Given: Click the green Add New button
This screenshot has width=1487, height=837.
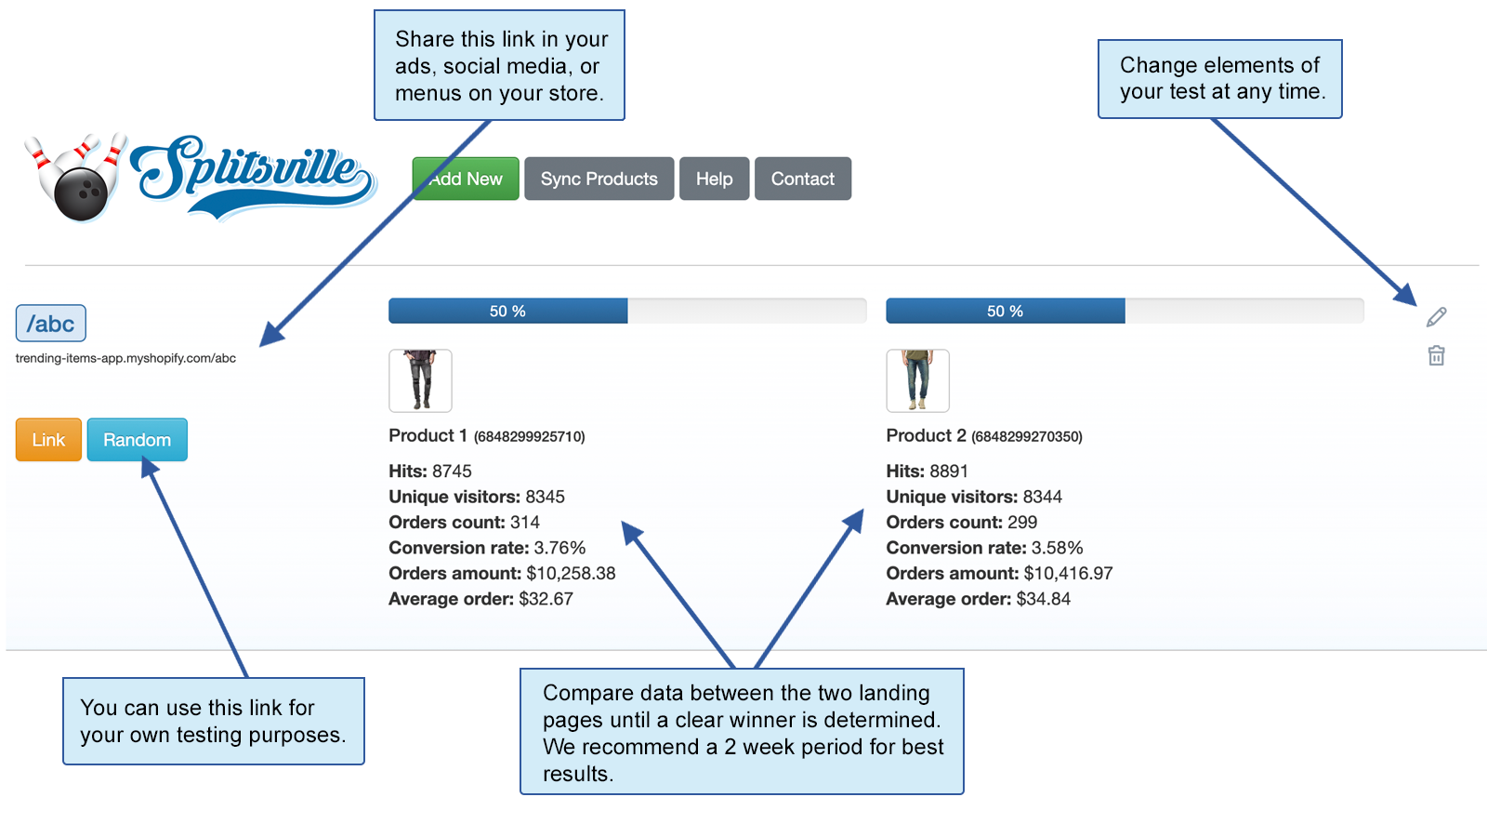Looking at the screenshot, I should point(467,179).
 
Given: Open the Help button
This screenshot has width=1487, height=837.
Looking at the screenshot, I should point(714,179).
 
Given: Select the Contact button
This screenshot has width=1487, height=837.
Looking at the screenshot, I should point(802,179).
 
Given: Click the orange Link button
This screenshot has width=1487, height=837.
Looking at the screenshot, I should point(48,440).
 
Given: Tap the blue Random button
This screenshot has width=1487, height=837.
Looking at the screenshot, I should point(137,440).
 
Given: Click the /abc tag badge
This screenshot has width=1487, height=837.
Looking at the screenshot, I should point(51,324).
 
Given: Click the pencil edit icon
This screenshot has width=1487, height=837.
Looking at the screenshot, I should point(1436,317).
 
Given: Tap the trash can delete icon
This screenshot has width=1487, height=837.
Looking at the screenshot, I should point(1436,355).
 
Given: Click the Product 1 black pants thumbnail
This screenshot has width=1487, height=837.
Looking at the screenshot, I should point(420,380).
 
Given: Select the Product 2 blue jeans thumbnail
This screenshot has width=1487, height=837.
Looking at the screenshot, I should point(917,380).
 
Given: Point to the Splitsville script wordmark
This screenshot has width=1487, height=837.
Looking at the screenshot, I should point(251,172).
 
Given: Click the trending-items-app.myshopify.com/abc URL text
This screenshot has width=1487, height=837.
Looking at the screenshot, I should point(125,358).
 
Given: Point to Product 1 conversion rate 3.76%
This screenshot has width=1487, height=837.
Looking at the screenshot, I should point(559,548).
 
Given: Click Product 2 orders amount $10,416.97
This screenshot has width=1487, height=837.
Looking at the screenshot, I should point(1068,574).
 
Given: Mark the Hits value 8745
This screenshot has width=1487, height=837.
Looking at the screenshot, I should point(452,472).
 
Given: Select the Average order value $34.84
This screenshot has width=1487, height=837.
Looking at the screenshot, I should point(1043,599).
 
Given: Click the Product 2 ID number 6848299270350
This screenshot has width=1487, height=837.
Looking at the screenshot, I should point(1027,436).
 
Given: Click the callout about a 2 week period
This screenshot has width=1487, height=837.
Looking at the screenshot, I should point(742,732).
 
